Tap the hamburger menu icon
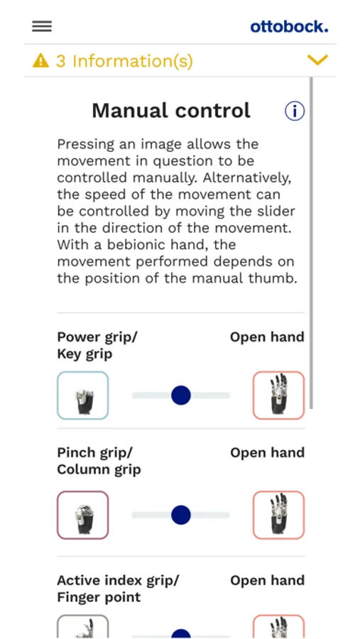click(x=42, y=26)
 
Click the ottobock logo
click(x=289, y=27)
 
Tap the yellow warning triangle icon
click(x=40, y=61)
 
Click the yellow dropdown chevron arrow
click(x=317, y=60)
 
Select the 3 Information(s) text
click(x=124, y=61)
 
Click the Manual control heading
click(x=171, y=111)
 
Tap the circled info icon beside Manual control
click(x=295, y=111)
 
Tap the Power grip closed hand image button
click(x=83, y=395)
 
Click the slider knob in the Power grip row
click(x=181, y=395)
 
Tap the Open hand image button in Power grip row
click(x=278, y=395)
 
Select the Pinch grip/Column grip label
click(x=99, y=461)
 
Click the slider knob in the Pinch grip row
click(x=181, y=515)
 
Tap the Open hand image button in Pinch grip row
click(x=278, y=515)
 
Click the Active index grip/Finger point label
click(x=118, y=589)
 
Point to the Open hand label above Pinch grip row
click(x=268, y=453)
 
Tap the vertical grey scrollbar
click(x=312, y=243)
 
